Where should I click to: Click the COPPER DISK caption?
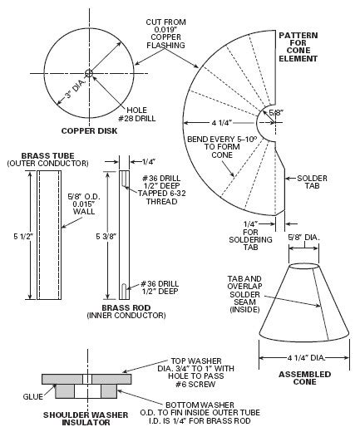[x=86, y=131]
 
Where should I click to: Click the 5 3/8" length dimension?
[x=98, y=237]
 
